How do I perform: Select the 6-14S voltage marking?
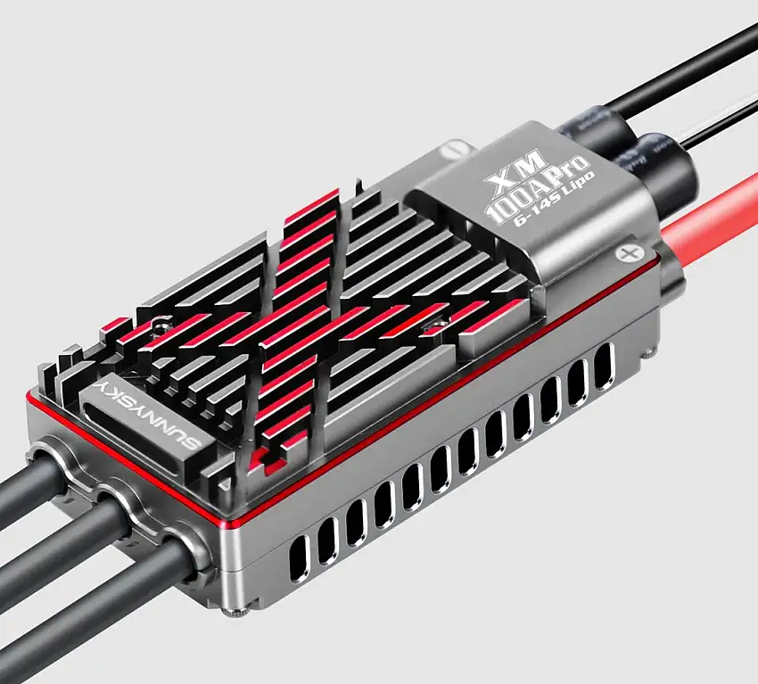[528, 228]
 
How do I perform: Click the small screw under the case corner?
[234, 611]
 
